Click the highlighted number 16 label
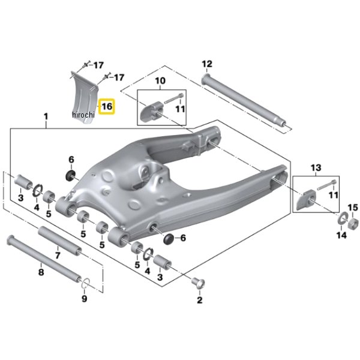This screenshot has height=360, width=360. (107, 107)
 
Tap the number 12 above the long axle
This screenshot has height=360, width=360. (207, 64)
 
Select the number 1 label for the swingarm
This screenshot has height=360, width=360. (46, 116)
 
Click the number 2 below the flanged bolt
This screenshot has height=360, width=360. (200, 300)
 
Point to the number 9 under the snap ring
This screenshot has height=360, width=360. (85, 299)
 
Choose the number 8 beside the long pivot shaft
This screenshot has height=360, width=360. (41, 272)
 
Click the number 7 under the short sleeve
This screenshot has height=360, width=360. (58, 256)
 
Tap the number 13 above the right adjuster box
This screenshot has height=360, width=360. (316, 167)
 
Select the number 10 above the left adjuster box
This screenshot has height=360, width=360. (160, 80)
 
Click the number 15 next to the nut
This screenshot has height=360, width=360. (353, 208)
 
